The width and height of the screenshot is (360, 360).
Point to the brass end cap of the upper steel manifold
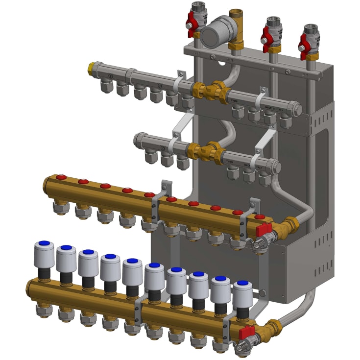point(92,67)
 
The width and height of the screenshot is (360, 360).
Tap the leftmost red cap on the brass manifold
point(61,177)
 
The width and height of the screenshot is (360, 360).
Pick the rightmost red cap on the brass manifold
point(260,216)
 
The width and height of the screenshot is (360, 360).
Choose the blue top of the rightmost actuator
point(242,283)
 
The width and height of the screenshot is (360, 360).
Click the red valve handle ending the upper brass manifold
point(264,228)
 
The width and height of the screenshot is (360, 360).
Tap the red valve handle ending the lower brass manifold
point(247,333)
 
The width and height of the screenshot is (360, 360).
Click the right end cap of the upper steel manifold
point(297,108)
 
